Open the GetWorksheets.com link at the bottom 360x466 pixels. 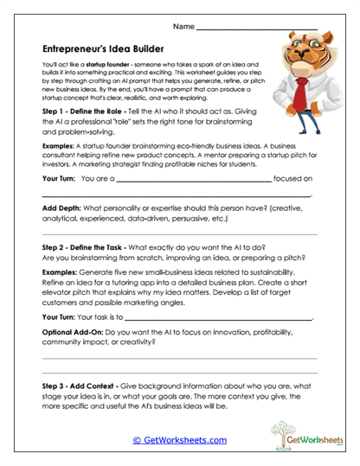[179, 439]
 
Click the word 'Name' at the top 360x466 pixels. [183, 28]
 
